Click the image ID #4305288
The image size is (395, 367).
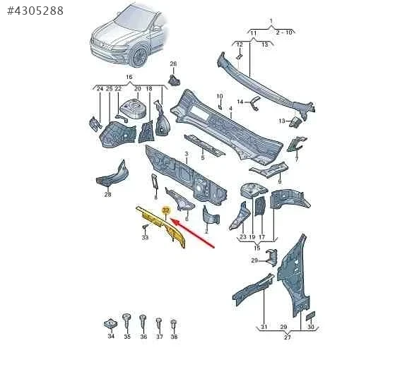click(35, 11)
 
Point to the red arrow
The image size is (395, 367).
click(192, 234)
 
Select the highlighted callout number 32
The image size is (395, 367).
click(166, 210)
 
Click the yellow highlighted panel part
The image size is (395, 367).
click(162, 226)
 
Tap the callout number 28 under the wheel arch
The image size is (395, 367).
click(107, 194)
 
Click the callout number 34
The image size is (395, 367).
click(111, 336)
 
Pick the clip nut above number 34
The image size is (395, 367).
click(111, 323)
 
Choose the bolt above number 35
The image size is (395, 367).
click(126, 321)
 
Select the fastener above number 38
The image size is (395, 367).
click(174, 324)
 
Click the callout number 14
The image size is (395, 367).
click(240, 102)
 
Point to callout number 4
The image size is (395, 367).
click(230, 109)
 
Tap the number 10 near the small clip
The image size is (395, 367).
click(220, 96)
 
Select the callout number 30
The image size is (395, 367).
click(311, 327)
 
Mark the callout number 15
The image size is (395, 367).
click(257, 248)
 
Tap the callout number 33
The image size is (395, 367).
click(145, 237)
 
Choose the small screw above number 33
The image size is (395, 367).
click(145, 227)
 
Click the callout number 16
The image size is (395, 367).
click(129, 77)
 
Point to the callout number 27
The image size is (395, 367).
click(287, 337)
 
